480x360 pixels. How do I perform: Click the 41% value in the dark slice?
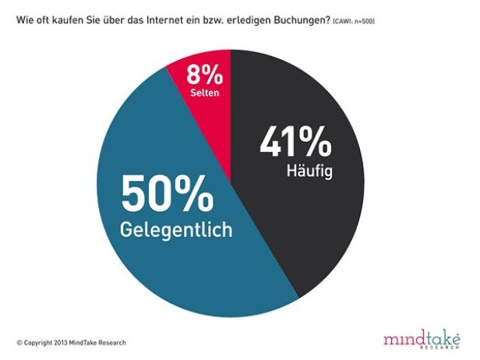(297, 143)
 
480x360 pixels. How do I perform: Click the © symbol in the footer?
(19, 343)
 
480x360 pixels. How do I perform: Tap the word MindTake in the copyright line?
(90, 343)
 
